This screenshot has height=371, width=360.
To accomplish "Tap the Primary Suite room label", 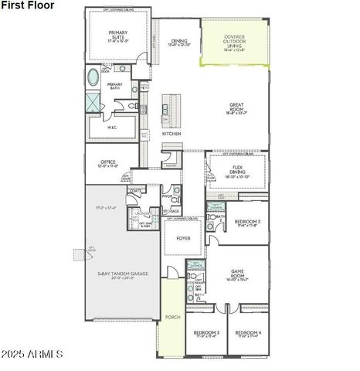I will (117, 35).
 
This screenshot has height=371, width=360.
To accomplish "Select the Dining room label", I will (179, 43).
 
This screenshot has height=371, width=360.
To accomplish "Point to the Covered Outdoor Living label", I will (234, 42).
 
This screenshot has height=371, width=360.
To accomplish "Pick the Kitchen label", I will (172, 134).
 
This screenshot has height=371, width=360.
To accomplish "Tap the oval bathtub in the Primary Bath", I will (93, 78).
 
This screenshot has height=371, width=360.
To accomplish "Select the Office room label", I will (107, 163).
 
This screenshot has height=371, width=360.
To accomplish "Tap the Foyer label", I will (183, 238).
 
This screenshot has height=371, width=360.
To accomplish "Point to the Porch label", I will (173, 316).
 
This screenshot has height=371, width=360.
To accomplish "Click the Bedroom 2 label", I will (248, 223).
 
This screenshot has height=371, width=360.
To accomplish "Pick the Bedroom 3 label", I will (206, 334).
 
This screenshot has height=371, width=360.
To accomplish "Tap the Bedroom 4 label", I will (249, 334).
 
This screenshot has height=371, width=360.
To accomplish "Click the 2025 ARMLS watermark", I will (33, 354).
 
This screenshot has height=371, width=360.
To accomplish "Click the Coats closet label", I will (136, 190).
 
